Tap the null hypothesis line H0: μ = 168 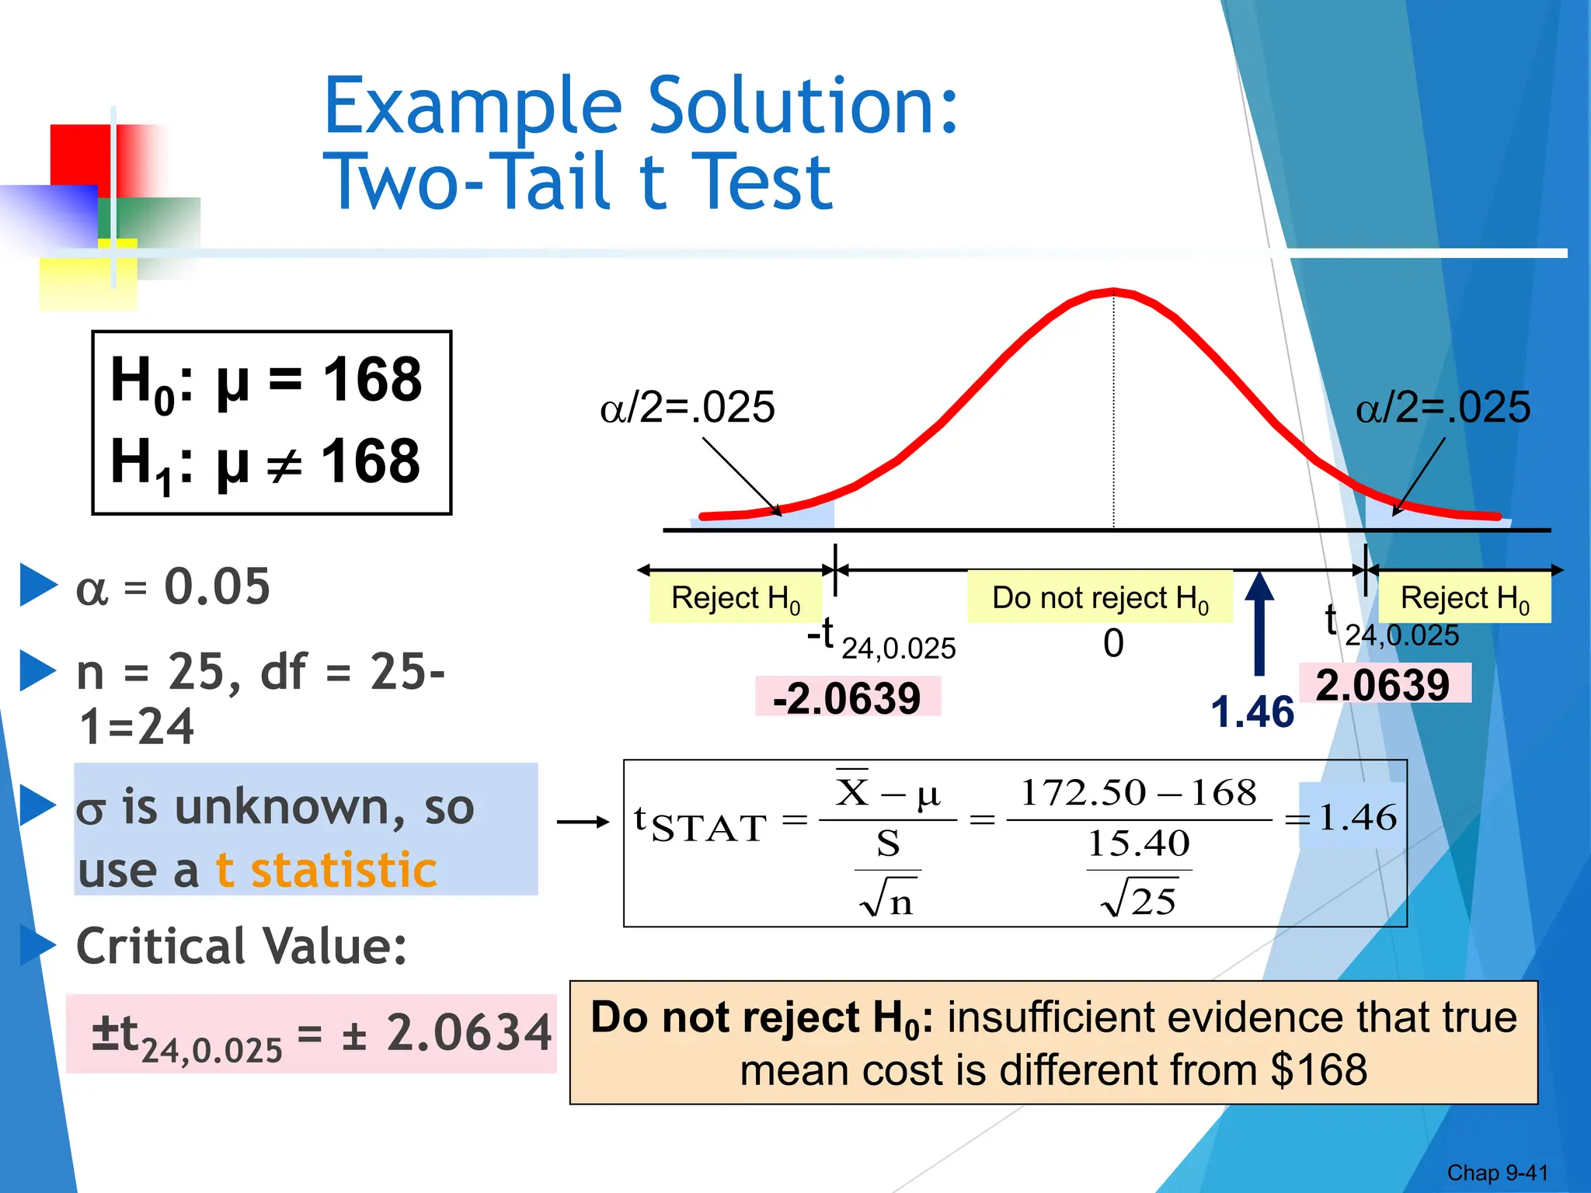point(266,381)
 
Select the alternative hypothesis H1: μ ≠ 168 point(266,463)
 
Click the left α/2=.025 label point(688,407)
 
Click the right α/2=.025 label point(1443,407)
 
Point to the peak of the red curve point(1113,292)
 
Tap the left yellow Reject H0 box point(735,598)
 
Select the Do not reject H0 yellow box point(1100,598)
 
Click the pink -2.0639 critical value point(847,697)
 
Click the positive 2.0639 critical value point(1383,684)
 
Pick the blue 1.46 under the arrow point(1252,711)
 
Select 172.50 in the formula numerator point(1083,793)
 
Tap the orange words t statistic point(326,869)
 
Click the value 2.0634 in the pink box point(468,1033)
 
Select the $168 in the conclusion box point(1319,1070)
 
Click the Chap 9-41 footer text point(1497,1172)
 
